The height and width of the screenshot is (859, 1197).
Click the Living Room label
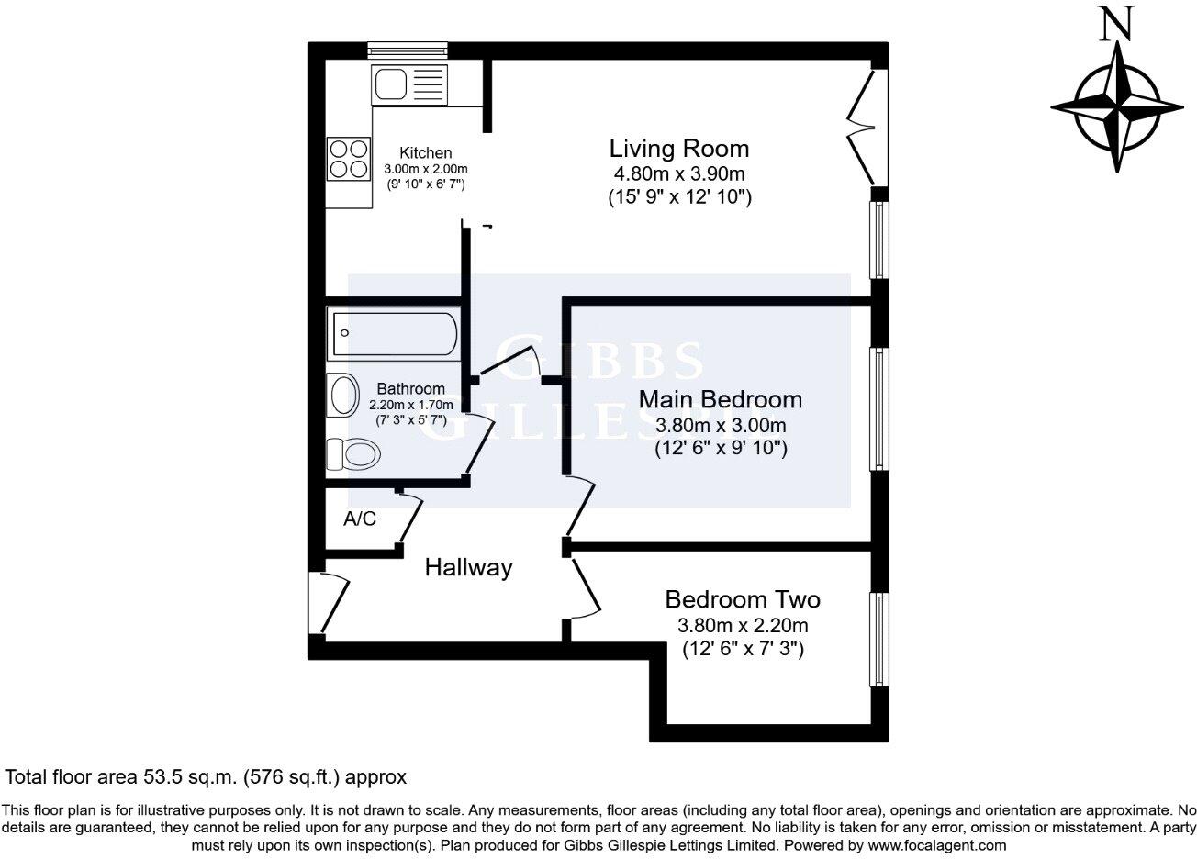click(x=679, y=149)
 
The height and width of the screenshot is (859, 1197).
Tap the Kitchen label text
click(x=424, y=153)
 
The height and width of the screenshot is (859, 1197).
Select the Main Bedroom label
click(x=720, y=400)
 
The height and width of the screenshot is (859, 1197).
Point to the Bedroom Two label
click(x=742, y=600)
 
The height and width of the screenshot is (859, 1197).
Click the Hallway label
click(x=468, y=568)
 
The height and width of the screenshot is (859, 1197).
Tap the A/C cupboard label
click(x=359, y=519)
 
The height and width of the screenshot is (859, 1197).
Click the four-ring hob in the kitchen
click(x=348, y=158)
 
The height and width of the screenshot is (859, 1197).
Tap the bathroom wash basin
click(x=343, y=396)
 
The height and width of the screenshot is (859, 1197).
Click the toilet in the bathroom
click(x=353, y=454)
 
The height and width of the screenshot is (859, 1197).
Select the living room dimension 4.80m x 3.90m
click(x=679, y=173)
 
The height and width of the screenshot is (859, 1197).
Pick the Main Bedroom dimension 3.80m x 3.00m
click(x=721, y=426)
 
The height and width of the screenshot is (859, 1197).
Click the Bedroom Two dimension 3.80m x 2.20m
click(x=742, y=626)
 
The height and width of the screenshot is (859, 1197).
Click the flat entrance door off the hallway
click(x=332, y=602)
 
